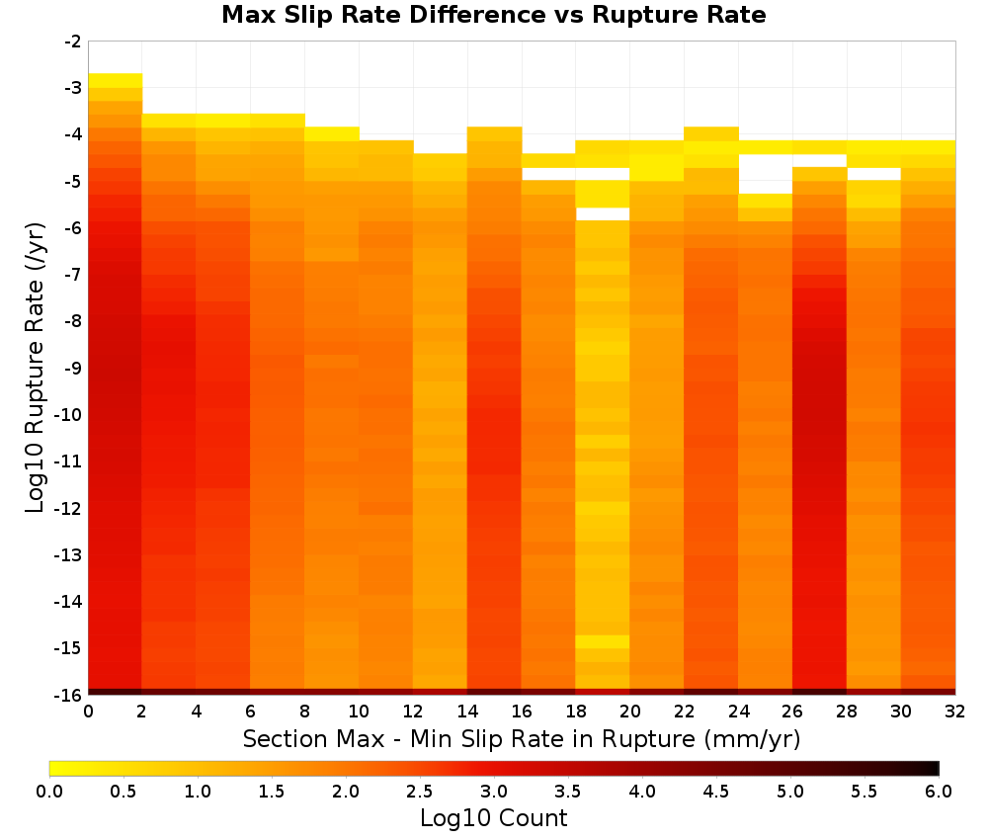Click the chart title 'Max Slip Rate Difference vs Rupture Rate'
pos(493,15)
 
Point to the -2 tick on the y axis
pos(72,42)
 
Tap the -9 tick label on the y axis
pos(72,368)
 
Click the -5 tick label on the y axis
pos(72,182)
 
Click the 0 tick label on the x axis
pos(88,712)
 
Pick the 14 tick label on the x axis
pos(467,712)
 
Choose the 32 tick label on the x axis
pos(954,712)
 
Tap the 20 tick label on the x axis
pos(629,712)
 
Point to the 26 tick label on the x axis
pos(792,712)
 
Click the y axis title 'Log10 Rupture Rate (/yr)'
pos(35,368)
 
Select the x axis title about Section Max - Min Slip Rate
pos(522,738)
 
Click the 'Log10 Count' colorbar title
pos(493,818)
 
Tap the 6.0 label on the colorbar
pos(939,792)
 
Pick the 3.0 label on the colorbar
pos(493,792)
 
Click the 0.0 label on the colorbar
pos(49,792)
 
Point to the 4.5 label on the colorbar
pos(715,792)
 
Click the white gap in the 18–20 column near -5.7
pos(603,214)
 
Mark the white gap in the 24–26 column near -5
pos(765,174)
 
